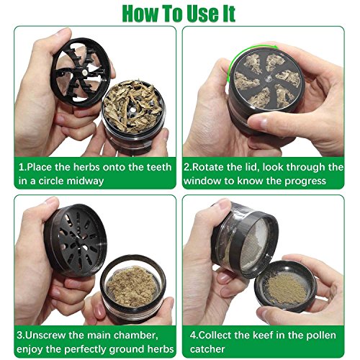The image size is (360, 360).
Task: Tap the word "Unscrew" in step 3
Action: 45,335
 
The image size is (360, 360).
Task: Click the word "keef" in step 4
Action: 263,335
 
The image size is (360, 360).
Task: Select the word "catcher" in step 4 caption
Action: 207,349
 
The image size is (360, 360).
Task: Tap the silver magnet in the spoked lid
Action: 84,72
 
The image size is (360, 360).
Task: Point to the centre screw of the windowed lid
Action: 269,78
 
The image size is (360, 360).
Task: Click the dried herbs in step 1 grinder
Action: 132,105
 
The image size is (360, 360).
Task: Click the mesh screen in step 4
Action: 255,247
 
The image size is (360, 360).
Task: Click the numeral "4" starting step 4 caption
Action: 193,336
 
